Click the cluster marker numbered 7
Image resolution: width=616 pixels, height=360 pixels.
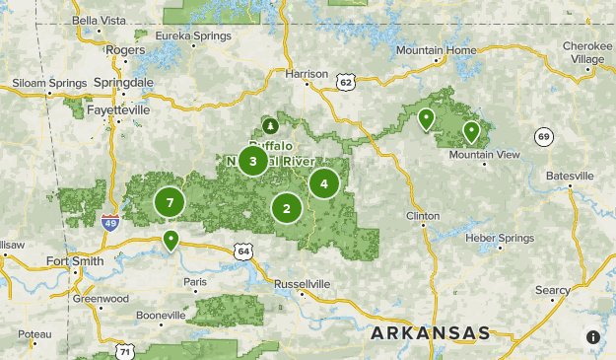coord(170,202)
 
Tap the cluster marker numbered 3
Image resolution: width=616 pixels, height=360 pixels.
coord(253,161)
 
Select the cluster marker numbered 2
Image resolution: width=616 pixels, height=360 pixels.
coord(287,208)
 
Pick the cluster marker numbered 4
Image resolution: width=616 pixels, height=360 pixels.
coord(323,182)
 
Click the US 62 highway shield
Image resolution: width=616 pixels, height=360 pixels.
coord(344,83)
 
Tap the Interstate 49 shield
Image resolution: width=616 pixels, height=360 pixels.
coord(110,223)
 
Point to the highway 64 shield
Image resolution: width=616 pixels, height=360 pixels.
coord(242,252)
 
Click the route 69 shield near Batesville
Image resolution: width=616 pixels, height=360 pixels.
coord(543,135)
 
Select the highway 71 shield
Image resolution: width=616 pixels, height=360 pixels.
coord(124,351)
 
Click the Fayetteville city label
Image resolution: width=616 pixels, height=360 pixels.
coord(117,110)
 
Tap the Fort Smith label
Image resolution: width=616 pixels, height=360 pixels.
coord(74,261)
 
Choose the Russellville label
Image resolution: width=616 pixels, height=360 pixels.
coord(302,283)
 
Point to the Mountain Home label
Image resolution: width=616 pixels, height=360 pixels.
coord(436,50)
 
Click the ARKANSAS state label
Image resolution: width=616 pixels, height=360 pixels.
coord(430,333)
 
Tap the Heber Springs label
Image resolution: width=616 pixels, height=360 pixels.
coord(501,238)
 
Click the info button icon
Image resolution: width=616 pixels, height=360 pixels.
coord(593,337)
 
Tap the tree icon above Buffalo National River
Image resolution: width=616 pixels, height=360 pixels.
coord(270,125)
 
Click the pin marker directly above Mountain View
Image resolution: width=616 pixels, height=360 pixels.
coord(471,130)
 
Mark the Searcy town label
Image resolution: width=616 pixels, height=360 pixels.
coord(553,290)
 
